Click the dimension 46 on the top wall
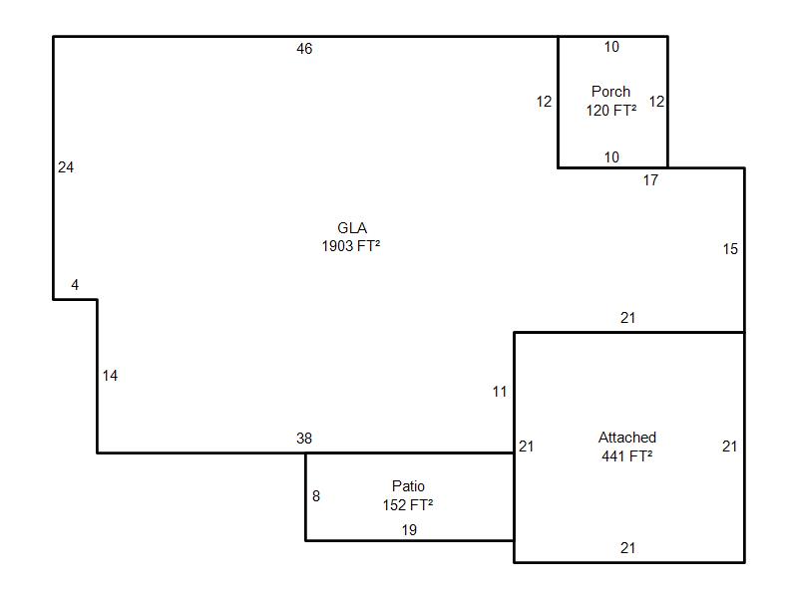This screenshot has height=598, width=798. (304, 49)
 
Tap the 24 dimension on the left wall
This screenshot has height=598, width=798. (66, 167)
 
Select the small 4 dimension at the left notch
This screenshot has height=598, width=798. (75, 285)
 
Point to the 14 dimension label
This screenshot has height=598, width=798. (110, 376)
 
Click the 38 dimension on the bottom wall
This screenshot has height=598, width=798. (304, 439)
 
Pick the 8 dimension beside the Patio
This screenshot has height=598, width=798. (316, 496)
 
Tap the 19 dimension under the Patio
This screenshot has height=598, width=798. (409, 530)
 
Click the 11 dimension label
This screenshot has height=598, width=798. (500, 392)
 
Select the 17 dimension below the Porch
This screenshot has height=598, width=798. (650, 180)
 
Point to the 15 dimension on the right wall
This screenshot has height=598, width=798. (730, 249)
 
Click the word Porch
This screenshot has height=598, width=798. (610, 92)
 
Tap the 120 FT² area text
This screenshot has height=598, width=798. (611, 111)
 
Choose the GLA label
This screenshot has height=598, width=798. (352, 228)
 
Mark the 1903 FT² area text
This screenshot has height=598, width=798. (351, 246)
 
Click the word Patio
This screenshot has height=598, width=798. (408, 486)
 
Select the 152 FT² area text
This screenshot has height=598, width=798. (408, 505)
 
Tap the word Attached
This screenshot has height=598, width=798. (627, 438)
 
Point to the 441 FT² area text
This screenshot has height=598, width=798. (627, 456)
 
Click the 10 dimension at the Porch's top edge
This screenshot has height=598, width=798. (611, 47)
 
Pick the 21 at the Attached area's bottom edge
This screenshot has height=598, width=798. (628, 548)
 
